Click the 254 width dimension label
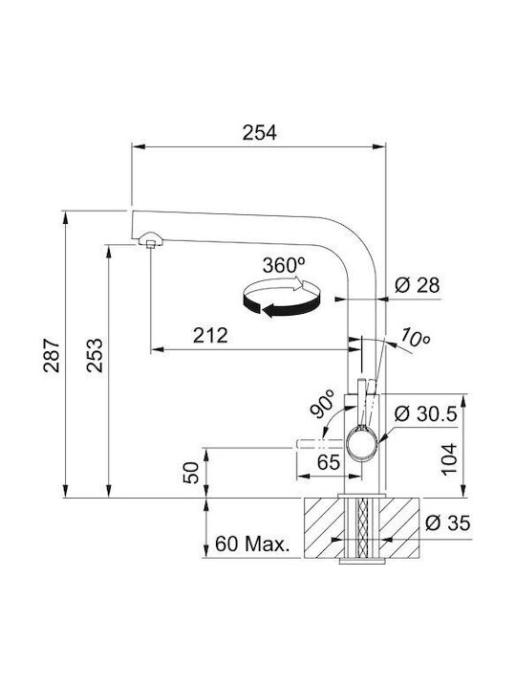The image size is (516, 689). click(x=260, y=133)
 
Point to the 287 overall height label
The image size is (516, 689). click(x=52, y=355)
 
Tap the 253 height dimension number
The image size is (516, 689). click(x=95, y=355)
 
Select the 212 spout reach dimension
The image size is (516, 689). click(x=210, y=336)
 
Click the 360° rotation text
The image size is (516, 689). click(x=284, y=265)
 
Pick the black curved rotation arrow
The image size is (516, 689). click(x=282, y=304)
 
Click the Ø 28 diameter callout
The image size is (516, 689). click(x=417, y=285)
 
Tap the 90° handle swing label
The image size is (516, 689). click(x=322, y=403)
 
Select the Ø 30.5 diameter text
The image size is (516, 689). click(x=425, y=413)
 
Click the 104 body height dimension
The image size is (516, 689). click(x=449, y=459)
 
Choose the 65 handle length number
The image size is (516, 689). click(x=329, y=462)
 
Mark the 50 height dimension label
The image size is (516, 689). click(x=191, y=473)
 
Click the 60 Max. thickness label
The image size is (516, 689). click(x=252, y=545)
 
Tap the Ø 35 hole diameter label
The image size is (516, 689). click(x=447, y=522)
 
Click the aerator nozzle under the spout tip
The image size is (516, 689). click(x=151, y=240)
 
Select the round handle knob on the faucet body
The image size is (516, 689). click(x=362, y=445)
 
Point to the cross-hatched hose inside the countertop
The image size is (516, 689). click(x=362, y=527)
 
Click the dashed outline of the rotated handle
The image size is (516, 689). click(x=319, y=443)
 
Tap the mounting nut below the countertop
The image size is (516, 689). click(x=362, y=561)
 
